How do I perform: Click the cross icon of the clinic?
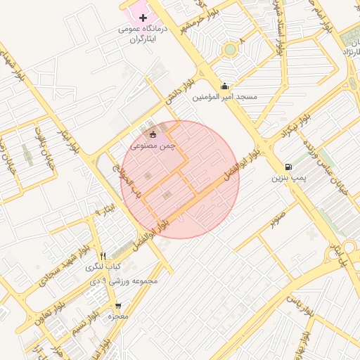143,17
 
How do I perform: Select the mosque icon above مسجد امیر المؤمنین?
224,86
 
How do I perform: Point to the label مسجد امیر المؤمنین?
226,96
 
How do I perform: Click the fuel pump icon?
288,167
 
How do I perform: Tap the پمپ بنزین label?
290,179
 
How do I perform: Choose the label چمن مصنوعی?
153,144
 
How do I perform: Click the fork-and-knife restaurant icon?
103,256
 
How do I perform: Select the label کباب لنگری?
103,267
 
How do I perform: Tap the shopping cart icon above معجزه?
117,306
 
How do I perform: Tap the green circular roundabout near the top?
229,50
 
